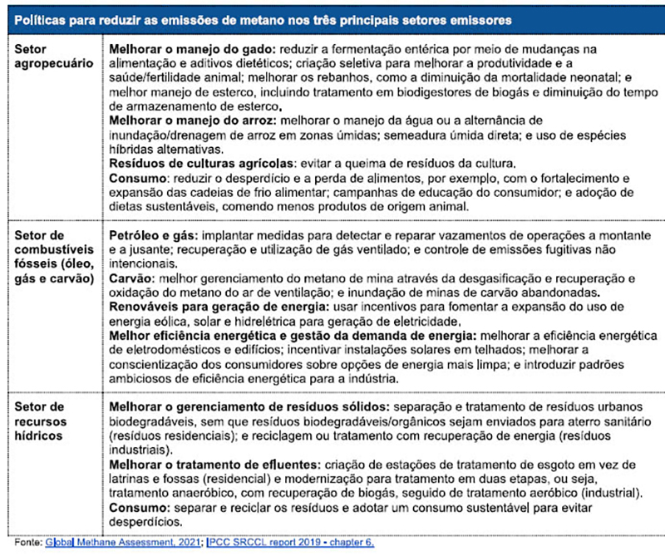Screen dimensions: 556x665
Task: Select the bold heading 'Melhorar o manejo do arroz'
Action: [x=192, y=121]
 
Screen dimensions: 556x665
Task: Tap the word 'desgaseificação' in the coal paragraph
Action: [x=441, y=278]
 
